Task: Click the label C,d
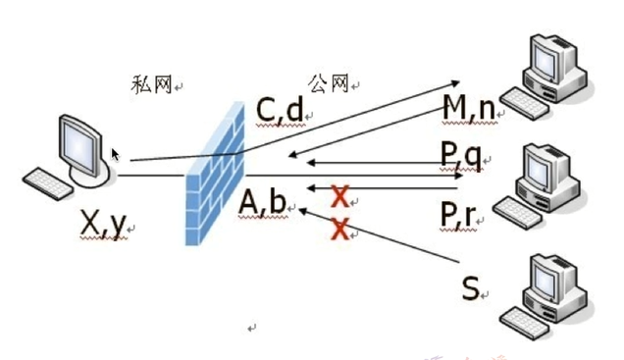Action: pos(279,111)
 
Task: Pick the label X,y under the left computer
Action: pos(103,225)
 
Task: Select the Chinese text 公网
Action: pos(328,82)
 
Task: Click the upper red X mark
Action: pos(340,196)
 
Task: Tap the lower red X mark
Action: pos(340,230)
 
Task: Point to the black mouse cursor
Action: pos(116,155)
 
